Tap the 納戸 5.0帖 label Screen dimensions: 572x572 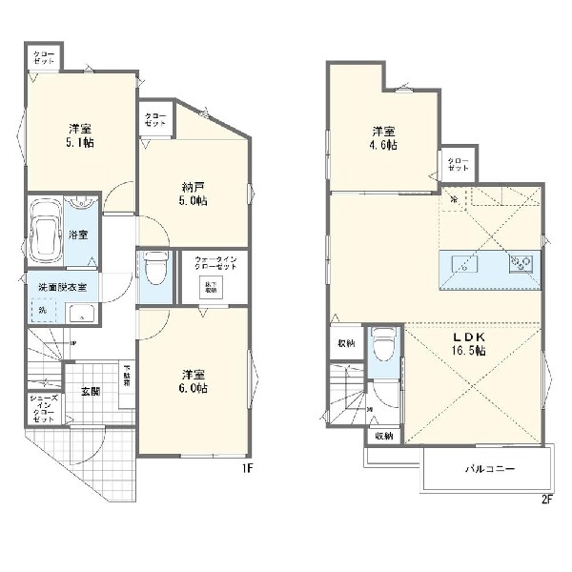click(195, 194)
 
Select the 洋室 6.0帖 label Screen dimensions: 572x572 click(194, 380)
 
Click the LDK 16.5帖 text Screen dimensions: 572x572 click(468, 344)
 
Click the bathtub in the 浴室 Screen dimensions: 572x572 click(45, 233)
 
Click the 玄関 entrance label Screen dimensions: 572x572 click(92, 390)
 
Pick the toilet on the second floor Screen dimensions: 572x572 click(384, 347)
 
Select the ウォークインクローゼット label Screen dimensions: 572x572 click(221, 264)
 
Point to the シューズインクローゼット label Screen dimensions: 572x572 click(44, 410)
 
